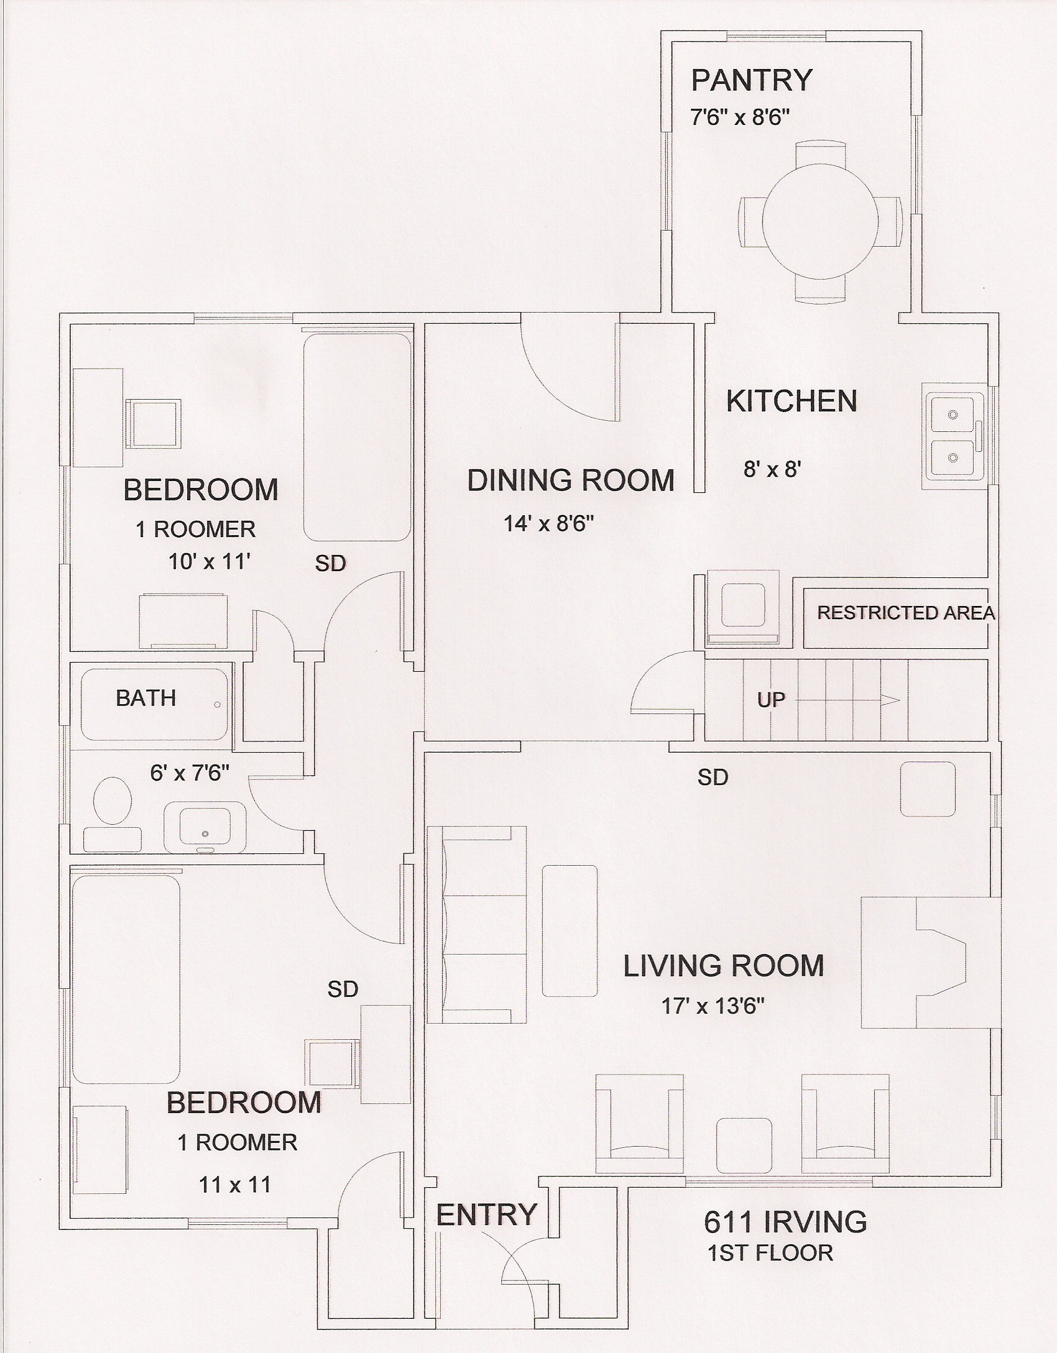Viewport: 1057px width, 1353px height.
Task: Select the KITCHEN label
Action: click(792, 401)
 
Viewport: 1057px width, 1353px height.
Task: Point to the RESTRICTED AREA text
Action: click(906, 613)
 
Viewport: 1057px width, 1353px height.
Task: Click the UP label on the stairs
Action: click(771, 700)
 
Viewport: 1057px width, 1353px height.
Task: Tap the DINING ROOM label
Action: click(571, 480)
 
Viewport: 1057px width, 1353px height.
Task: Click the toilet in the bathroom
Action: click(113, 800)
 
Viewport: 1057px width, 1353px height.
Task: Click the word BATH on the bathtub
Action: click(145, 698)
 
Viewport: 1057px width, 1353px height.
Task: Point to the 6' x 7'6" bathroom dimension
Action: click(190, 773)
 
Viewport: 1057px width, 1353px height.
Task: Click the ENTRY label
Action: click(486, 1214)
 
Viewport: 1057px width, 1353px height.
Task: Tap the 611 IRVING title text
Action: click(785, 1221)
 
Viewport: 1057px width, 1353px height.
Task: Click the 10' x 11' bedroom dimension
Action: click(210, 562)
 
